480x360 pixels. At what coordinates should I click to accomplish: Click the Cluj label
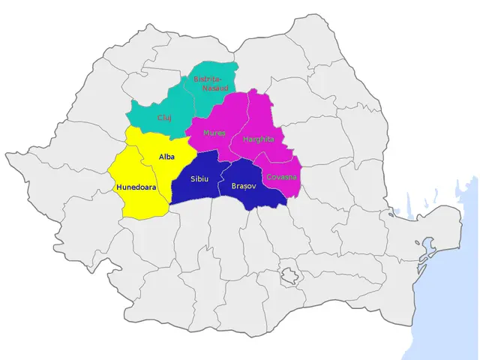[x=164, y=118]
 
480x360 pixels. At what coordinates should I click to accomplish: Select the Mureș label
[x=214, y=133]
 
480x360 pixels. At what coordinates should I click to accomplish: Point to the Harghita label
[x=259, y=139]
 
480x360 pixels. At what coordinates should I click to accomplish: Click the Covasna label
[x=282, y=177]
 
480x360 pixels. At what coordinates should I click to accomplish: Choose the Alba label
[x=167, y=156]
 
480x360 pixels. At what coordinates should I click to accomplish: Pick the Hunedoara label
[x=136, y=187]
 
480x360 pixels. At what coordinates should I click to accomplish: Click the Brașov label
[x=244, y=185]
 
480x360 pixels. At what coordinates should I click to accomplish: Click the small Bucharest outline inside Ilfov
[x=289, y=275]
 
